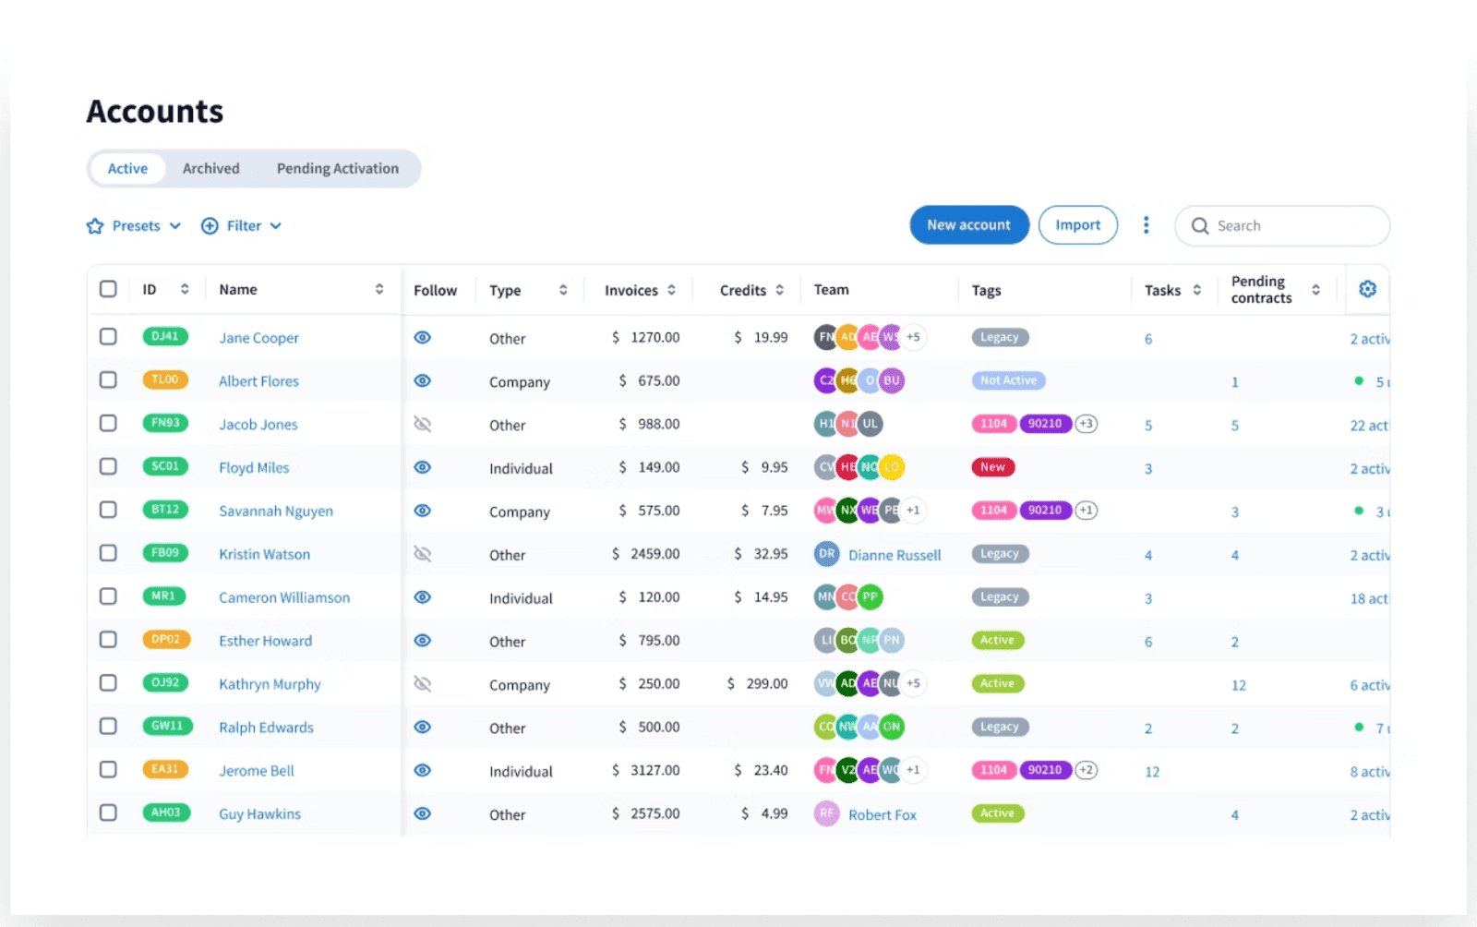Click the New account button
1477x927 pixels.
[968, 225]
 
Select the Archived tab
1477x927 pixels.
[210, 169]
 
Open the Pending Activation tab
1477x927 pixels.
[337, 169]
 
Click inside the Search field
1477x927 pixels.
[1292, 226]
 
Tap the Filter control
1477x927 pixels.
[242, 226]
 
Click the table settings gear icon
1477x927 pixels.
[1367, 290]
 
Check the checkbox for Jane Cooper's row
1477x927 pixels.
[108, 337]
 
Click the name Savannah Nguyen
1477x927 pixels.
[275, 511]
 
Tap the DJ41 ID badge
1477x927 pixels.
[165, 337]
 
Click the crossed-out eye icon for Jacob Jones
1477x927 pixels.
[422, 425]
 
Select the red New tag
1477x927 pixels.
[992, 467]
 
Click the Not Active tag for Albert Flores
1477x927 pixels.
[1008, 380]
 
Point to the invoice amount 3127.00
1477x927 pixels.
[654, 770]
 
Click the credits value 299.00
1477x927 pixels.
[766, 684]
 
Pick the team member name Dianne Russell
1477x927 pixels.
[894, 555]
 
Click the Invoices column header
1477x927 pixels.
[631, 291]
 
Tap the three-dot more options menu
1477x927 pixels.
[1146, 225]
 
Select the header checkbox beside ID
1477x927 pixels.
[108, 289]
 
